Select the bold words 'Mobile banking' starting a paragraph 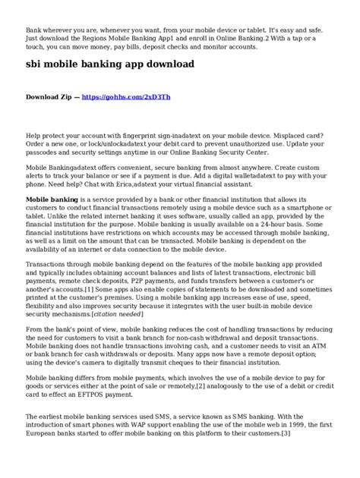tap(52, 198)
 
